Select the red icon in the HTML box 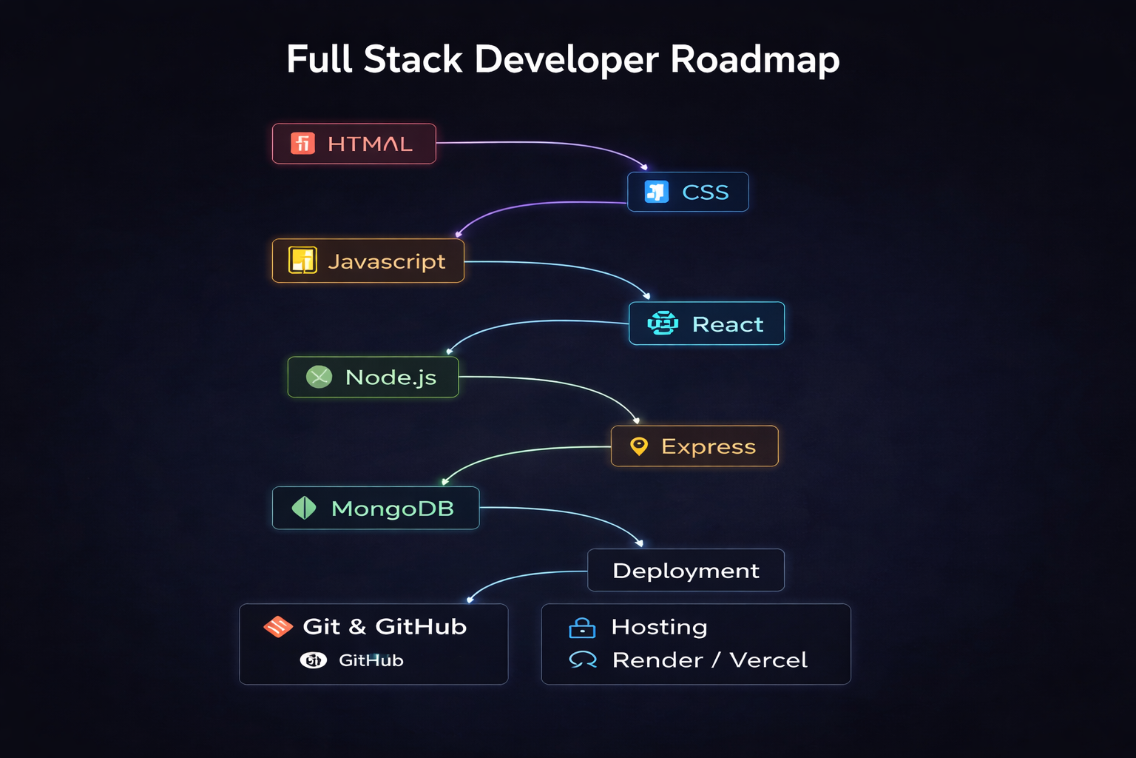[x=302, y=143]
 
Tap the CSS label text [x=705, y=192]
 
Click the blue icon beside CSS [x=656, y=192]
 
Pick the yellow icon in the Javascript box [x=302, y=261]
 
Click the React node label [x=727, y=324]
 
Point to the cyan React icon [x=663, y=323]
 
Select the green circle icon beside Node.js [x=319, y=377]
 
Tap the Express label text [x=708, y=446]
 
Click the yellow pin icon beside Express [x=639, y=446]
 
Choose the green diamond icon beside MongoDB [x=304, y=508]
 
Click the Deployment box [x=686, y=570]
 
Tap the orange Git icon [x=278, y=627]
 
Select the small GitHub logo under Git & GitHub [x=313, y=660]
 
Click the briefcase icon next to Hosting [x=582, y=628]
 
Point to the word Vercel [x=768, y=660]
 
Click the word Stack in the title [x=413, y=60]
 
